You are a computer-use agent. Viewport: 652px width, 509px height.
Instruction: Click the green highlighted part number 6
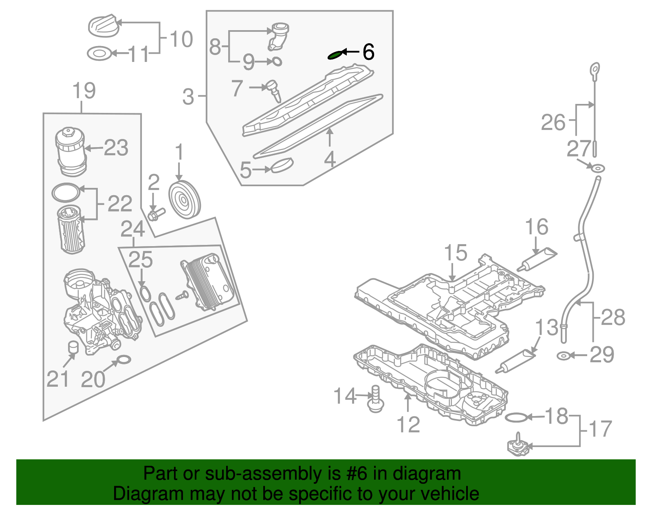pos(335,55)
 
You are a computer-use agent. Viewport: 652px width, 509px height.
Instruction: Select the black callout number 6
pos(368,52)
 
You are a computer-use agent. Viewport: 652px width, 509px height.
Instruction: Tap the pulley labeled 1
pos(184,199)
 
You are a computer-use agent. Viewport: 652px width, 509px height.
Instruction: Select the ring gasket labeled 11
pos(99,54)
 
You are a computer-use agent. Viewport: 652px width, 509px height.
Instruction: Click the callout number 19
pos(84,90)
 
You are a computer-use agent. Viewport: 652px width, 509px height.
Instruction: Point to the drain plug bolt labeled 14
pos(375,399)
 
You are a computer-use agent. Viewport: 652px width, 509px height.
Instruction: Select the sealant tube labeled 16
pos(537,260)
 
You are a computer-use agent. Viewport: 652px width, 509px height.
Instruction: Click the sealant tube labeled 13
pos(515,361)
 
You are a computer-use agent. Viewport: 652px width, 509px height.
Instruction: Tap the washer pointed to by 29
pos(563,356)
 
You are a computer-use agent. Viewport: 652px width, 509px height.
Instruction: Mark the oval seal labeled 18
pos(516,417)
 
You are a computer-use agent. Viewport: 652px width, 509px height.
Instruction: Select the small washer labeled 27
pos(598,168)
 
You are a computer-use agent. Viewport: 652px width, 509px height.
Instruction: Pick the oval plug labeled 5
pos(282,165)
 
